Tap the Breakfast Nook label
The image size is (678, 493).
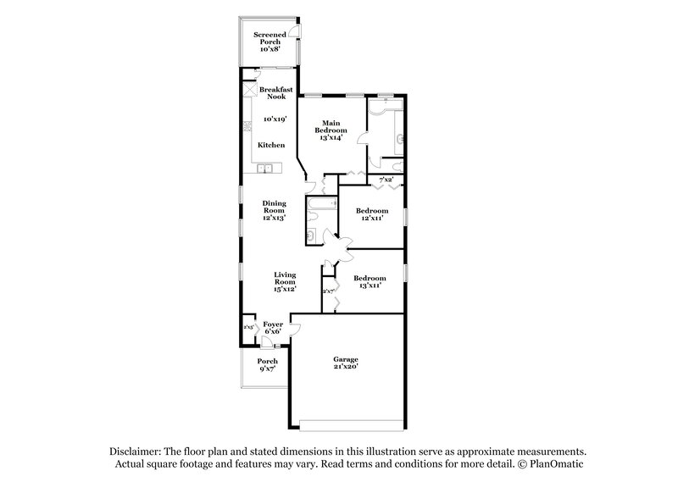275,93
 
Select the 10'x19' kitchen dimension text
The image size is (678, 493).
275,119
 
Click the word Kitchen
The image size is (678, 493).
271,145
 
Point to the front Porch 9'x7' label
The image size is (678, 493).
267,364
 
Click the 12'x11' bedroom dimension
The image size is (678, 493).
372,218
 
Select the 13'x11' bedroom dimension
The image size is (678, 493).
370,286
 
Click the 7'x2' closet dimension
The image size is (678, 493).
386,180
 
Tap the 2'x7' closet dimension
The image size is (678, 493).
328,291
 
